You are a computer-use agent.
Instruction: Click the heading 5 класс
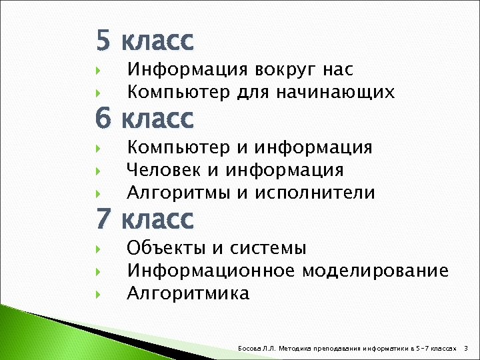click(145, 41)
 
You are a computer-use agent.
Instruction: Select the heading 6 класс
click(145, 119)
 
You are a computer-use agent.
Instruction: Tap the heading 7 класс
click(145, 219)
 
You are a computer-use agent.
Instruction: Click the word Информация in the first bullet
click(179, 69)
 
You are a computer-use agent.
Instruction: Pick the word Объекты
click(167, 249)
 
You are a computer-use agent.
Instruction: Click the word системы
click(268, 249)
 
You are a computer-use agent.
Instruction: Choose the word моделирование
click(375, 271)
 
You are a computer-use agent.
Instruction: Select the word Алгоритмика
click(188, 293)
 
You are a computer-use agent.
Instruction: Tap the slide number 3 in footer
click(465, 348)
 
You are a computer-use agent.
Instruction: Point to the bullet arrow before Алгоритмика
click(98, 294)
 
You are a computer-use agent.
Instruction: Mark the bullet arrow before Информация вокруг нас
click(98, 70)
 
